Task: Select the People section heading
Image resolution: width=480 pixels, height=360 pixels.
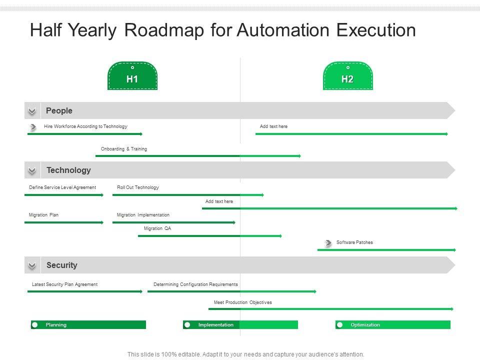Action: coord(59,110)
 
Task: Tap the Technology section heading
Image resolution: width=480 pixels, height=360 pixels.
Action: coord(68,170)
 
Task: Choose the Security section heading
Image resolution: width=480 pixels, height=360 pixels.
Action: coord(61,265)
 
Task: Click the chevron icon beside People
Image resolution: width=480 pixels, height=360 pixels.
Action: coord(32,111)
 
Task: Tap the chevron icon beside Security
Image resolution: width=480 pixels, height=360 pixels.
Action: coord(32,265)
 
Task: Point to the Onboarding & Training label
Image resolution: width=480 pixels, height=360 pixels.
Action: coord(124,149)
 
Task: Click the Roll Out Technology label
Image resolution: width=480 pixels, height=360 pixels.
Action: coord(138,187)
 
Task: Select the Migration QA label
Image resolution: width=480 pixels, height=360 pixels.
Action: coord(157,228)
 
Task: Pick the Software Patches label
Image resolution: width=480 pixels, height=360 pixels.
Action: coord(354,242)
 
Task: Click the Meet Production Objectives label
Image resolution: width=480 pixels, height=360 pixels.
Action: coord(243,302)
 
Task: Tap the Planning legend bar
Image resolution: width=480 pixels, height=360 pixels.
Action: coord(88,325)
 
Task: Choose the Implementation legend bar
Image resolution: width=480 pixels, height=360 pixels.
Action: coord(240,325)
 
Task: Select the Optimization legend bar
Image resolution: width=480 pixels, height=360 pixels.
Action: coord(393,325)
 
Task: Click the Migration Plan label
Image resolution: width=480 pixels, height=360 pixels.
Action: coord(43,215)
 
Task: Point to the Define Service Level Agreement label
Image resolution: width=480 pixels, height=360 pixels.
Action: coord(62,187)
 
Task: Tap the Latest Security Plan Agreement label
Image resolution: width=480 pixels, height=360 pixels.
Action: coord(64,284)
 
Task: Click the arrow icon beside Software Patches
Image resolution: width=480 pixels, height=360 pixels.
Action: coord(328,243)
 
